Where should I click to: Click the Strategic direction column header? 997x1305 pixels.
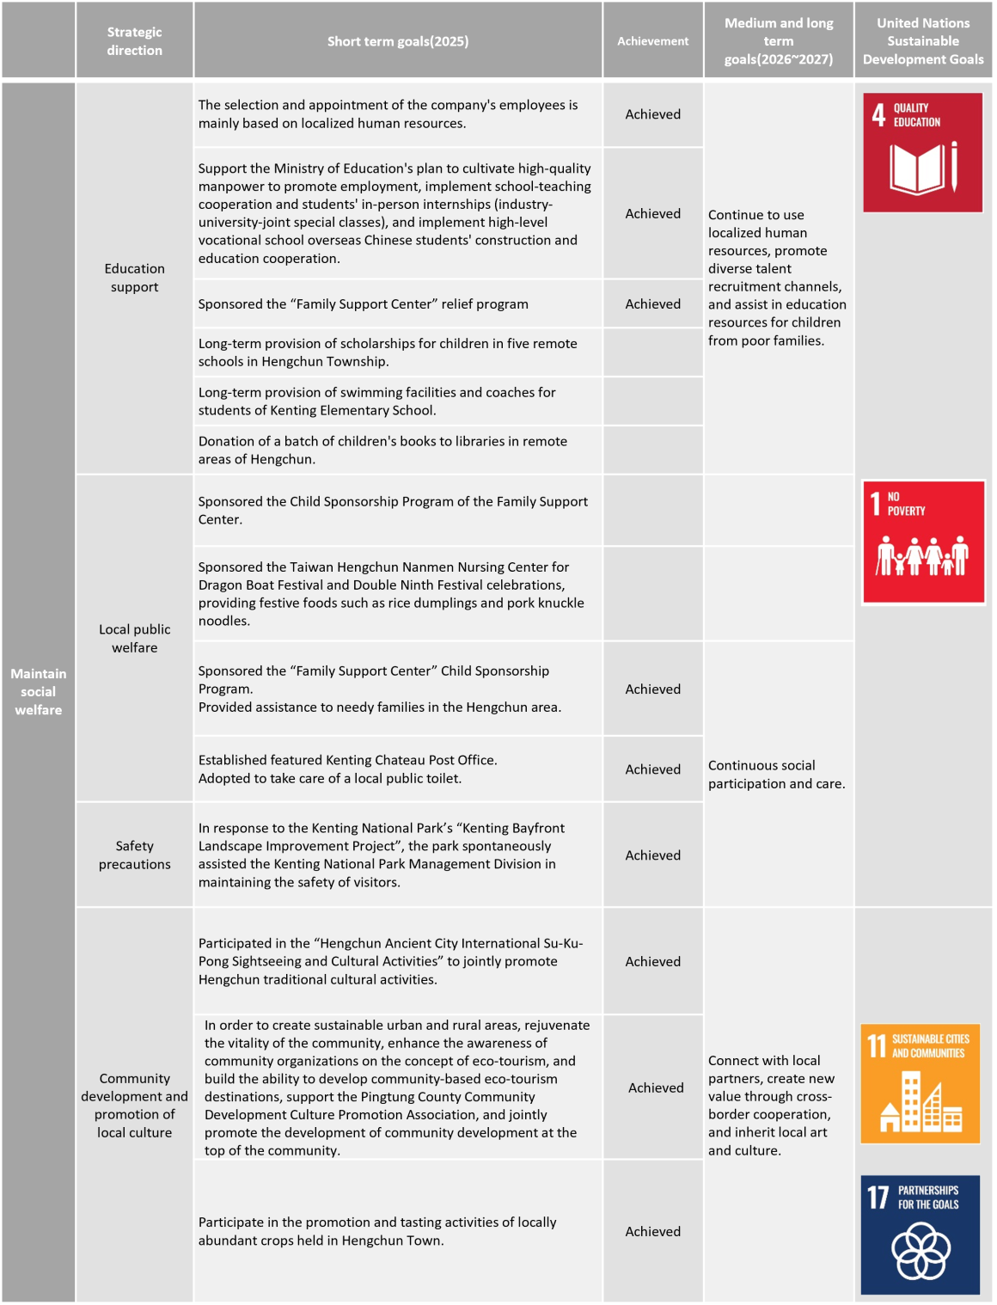click(134, 41)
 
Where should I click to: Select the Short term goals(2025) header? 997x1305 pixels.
click(398, 41)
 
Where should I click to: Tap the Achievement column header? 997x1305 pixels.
click(652, 41)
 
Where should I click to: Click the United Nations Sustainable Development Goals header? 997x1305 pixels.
click(922, 41)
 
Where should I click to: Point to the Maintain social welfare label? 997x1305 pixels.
click(39, 691)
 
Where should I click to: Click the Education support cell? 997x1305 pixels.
click(134, 278)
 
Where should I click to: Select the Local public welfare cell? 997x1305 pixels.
click(134, 638)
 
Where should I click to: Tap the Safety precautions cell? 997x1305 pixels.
click(134, 855)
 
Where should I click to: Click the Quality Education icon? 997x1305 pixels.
click(922, 152)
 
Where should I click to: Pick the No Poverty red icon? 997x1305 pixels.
click(922, 542)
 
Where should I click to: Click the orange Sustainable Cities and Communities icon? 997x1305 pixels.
click(920, 1083)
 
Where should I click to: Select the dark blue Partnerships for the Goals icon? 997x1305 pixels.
click(920, 1234)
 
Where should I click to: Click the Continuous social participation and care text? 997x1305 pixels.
click(776, 774)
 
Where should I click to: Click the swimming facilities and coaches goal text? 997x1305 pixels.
click(377, 401)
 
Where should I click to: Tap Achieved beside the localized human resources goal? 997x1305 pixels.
click(652, 114)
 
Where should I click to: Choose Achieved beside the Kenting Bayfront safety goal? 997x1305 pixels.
click(652, 855)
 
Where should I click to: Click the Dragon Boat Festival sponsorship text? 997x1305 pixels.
click(391, 593)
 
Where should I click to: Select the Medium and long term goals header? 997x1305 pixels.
click(778, 41)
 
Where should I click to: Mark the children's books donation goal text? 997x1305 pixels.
click(382, 450)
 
